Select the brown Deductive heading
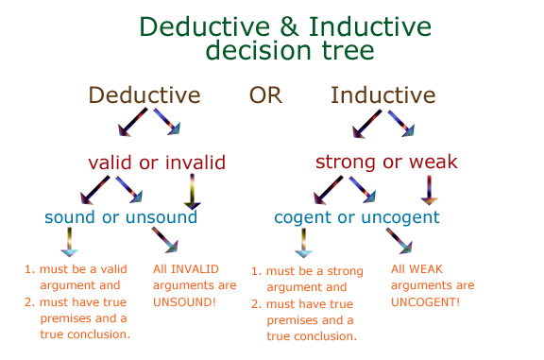click(x=144, y=95)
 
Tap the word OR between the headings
click(x=265, y=95)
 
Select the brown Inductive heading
click(x=383, y=95)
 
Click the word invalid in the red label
click(x=194, y=163)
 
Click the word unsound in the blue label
click(x=161, y=217)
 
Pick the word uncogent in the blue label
click(x=401, y=217)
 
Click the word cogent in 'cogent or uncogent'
click(x=304, y=217)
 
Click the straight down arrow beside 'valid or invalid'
click(x=192, y=191)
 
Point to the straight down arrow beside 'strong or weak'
click(x=431, y=190)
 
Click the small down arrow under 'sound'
click(x=68, y=243)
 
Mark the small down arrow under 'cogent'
click(x=303, y=243)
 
